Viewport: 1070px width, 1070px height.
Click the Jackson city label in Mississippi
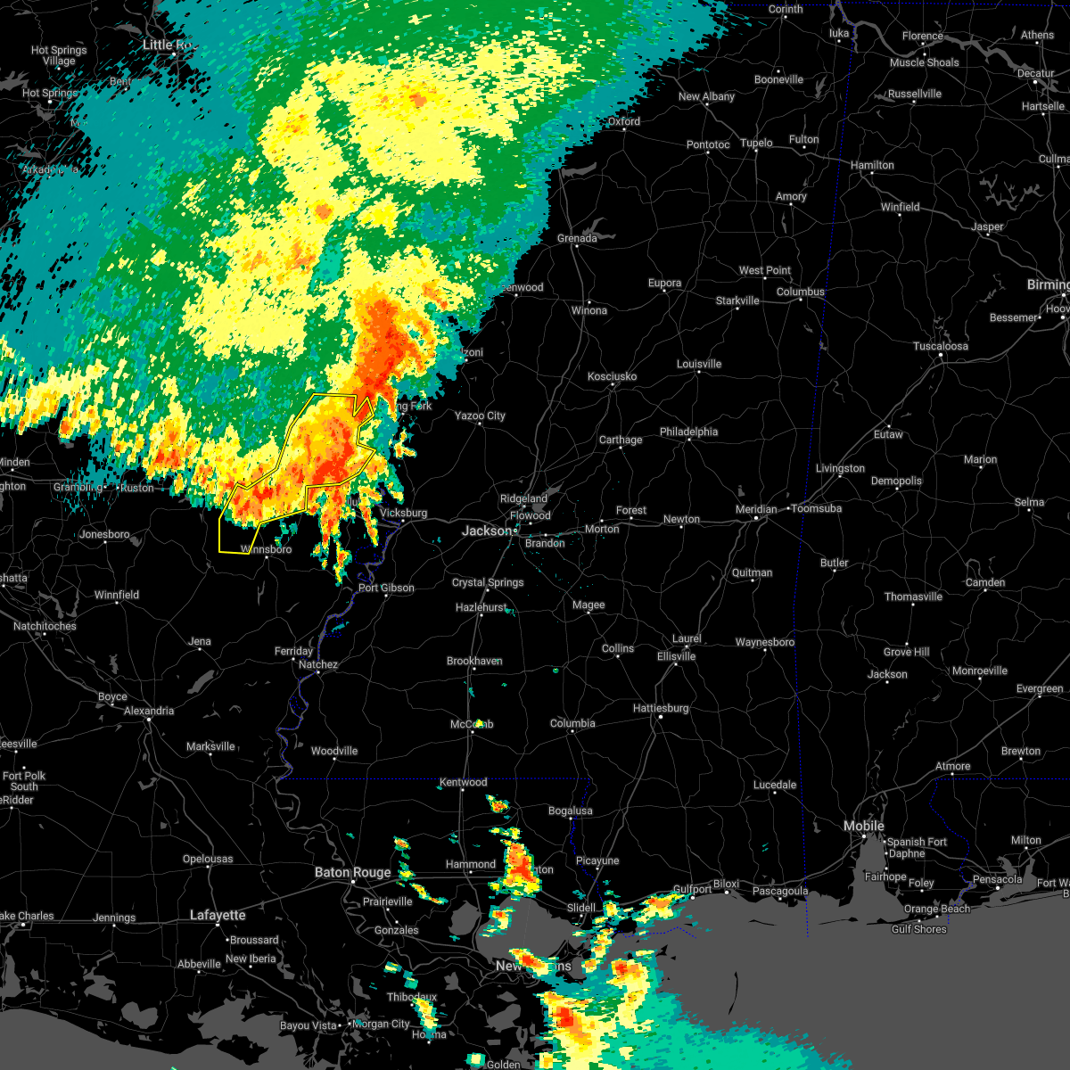tap(487, 531)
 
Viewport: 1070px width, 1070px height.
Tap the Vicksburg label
tap(403, 514)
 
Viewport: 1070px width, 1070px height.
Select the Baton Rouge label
tap(352, 872)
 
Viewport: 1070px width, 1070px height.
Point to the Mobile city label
tap(863, 827)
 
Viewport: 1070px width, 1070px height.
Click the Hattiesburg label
tap(661, 708)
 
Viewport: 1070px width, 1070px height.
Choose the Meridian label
tap(756, 509)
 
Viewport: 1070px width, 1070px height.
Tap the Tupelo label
tap(756, 143)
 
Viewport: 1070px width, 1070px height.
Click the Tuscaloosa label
tap(942, 346)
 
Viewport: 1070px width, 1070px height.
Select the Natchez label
tap(317, 664)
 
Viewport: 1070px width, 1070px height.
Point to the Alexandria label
tap(149, 711)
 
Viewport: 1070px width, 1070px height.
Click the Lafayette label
tap(218, 915)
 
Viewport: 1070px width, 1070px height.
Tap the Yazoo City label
tap(480, 416)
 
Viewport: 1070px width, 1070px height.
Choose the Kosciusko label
tap(612, 376)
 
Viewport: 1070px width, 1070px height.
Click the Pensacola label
tap(997, 879)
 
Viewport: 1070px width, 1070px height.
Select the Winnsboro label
tap(266, 549)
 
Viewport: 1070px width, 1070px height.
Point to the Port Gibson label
tap(386, 588)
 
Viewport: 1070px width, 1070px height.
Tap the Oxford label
tap(624, 121)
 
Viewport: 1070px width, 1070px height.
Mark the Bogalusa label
tap(571, 811)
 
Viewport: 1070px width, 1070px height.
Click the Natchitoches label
tap(45, 626)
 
